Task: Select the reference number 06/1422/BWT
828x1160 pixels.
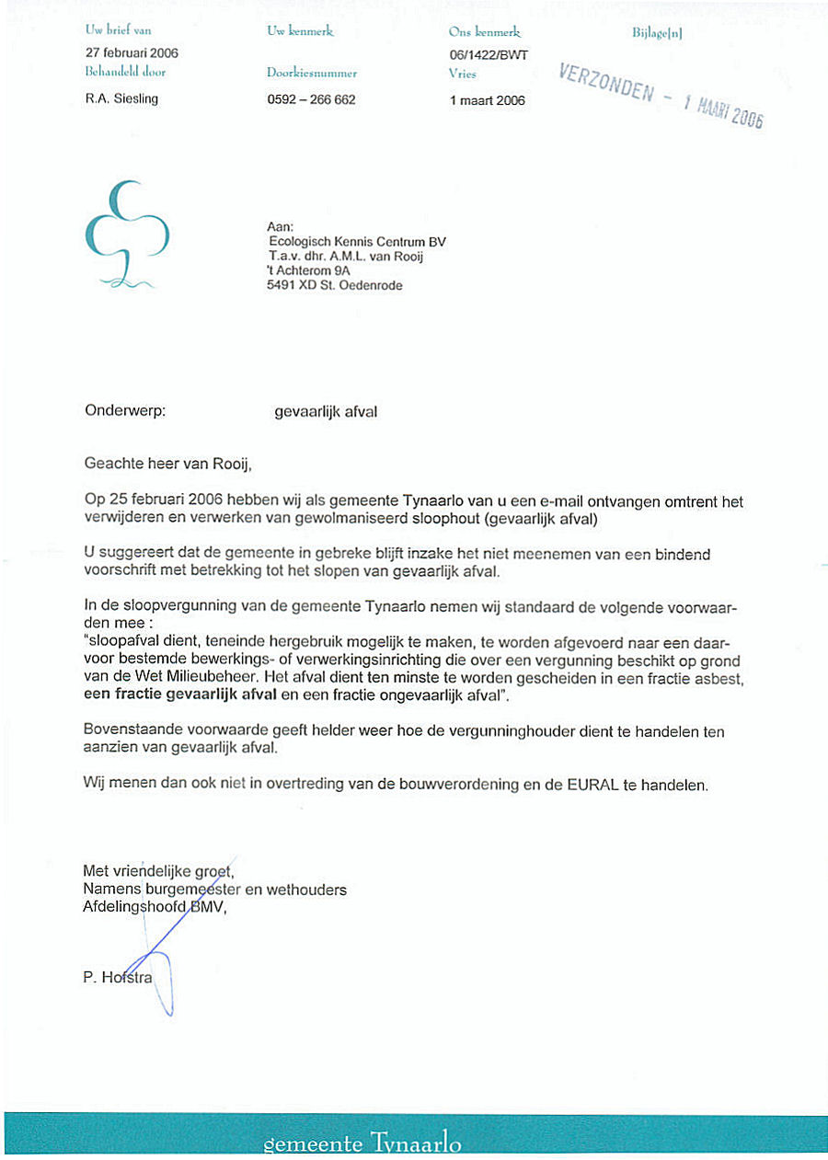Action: (x=488, y=54)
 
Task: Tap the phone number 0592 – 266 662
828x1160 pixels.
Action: (x=311, y=100)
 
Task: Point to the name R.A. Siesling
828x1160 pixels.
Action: (x=121, y=99)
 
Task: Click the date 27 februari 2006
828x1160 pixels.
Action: (x=131, y=53)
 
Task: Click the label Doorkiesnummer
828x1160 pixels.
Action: (x=311, y=73)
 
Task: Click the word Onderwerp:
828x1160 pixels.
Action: (x=124, y=411)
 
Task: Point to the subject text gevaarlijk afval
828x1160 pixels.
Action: (x=326, y=412)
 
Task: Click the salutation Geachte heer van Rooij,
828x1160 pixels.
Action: (x=167, y=462)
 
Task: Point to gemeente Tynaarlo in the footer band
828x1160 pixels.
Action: (x=362, y=1145)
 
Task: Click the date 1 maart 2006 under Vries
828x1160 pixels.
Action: (x=488, y=100)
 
